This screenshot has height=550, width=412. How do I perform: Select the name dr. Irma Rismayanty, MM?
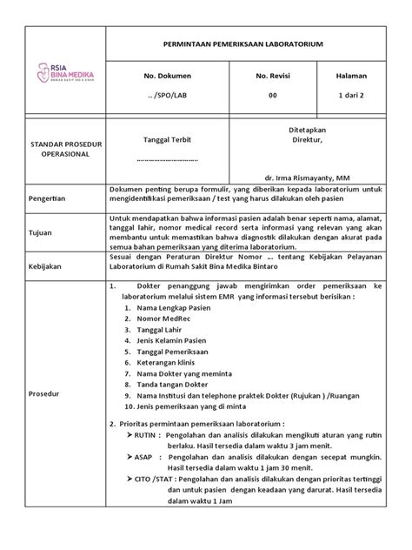(306, 172)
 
